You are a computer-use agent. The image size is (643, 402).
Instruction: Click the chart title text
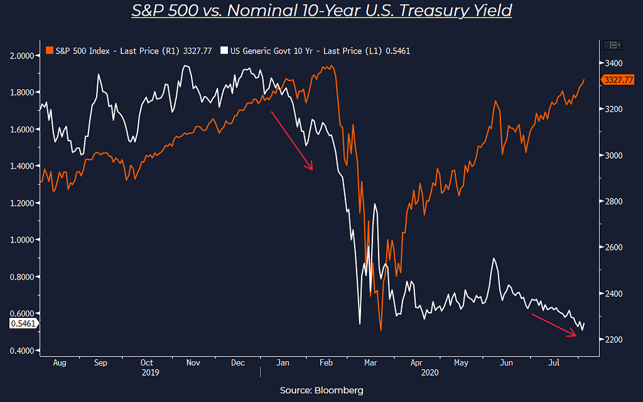[321, 11]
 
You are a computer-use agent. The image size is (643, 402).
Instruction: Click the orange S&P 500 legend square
[50, 51]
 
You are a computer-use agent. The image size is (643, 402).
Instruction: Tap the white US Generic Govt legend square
[224, 51]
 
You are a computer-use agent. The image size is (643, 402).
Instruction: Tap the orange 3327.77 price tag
[617, 80]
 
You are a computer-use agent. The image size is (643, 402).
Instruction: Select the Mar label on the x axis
[371, 363]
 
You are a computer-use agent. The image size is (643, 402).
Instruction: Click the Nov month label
[193, 363]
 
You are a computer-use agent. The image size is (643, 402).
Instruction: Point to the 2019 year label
[150, 372]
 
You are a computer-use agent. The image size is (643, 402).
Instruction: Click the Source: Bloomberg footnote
[321, 390]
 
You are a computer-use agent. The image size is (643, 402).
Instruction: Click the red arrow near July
[554, 325]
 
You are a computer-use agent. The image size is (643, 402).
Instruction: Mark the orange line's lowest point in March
[381, 330]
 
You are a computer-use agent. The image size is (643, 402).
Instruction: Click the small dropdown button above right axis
[612, 45]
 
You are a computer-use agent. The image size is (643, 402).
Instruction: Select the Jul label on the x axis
[554, 363]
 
